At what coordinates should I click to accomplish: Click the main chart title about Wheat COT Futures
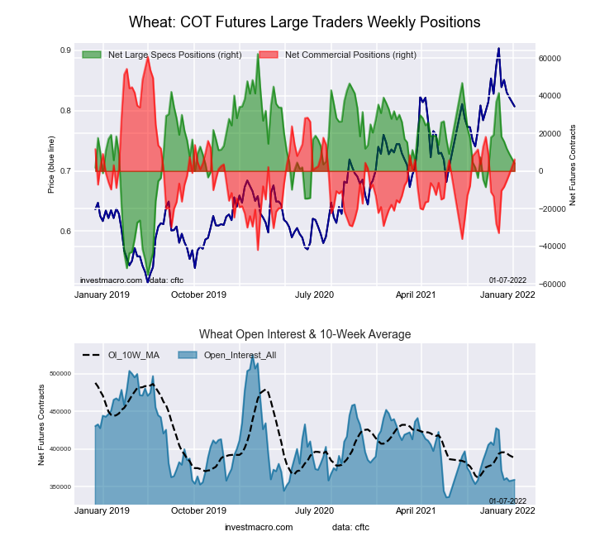click(305, 21)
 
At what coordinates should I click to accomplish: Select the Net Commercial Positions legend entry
click(350, 55)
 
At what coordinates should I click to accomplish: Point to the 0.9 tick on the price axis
click(65, 50)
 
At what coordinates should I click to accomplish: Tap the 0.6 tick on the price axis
click(65, 232)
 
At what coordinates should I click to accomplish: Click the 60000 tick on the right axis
click(551, 59)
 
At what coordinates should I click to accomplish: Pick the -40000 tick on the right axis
click(550, 247)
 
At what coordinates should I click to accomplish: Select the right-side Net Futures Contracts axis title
click(573, 165)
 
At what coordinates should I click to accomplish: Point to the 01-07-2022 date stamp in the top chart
click(507, 280)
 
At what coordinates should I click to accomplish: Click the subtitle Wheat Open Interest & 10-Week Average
click(305, 334)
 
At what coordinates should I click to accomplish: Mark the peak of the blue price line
click(498, 49)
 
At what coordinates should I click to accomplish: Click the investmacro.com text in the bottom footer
click(259, 527)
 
